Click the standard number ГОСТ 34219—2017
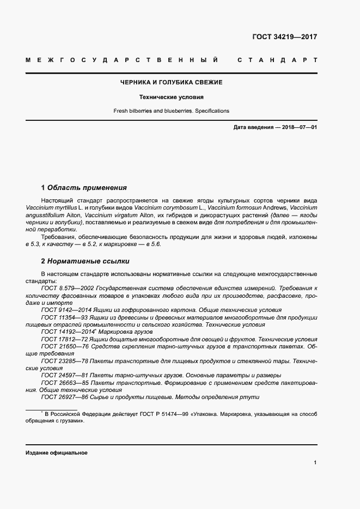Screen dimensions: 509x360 click(x=284, y=38)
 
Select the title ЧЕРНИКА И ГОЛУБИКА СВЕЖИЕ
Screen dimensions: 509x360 click(x=171, y=82)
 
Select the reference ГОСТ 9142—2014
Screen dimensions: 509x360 click(x=59, y=309)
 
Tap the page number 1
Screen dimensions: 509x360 click(x=315, y=463)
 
